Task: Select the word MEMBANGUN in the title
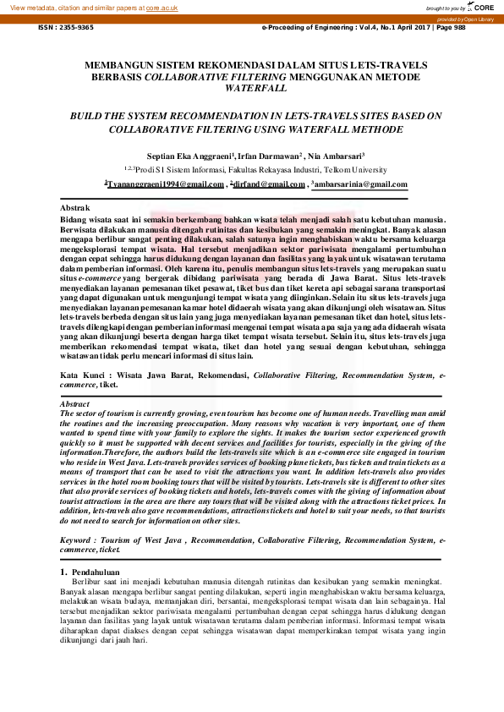[126, 64]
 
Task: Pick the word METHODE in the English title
[369, 130]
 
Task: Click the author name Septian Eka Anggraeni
[205, 156]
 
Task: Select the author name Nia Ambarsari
[337, 156]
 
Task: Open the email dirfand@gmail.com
[266, 183]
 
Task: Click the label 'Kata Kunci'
[80, 373]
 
